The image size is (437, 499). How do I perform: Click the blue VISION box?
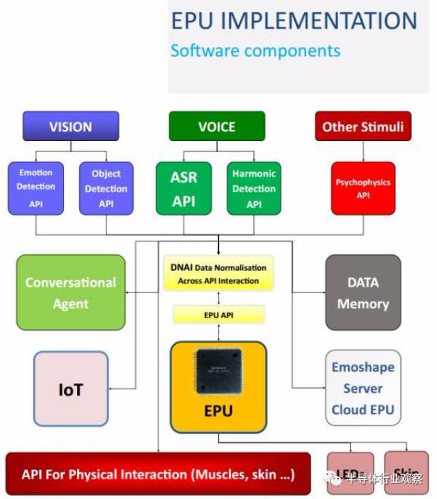[x=70, y=127]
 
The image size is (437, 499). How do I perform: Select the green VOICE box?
[x=216, y=127]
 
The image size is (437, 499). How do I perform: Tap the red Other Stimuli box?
[x=363, y=127]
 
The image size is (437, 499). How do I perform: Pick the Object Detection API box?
[x=106, y=187]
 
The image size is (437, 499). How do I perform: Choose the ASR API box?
[x=184, y=187]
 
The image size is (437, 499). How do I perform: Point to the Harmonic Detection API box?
[x=253, y=187]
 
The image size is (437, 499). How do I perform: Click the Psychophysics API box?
[x=363, y=187]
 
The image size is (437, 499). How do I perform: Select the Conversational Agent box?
[x=70, y=292]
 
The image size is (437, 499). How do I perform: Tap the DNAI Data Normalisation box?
[x=218, y=273]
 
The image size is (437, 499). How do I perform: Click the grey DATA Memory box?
[x=363, y=292]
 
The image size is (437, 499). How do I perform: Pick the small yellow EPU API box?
[x=218, y=315]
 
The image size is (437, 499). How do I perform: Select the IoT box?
[x=70, y=390]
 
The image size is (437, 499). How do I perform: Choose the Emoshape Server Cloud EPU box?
[x=363, y=389]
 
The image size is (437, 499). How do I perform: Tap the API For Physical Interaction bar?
[x=158, y=474]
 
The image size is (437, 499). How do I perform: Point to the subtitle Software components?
[x=255, y=51]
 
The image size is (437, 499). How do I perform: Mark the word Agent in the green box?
[x=70, y=304]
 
